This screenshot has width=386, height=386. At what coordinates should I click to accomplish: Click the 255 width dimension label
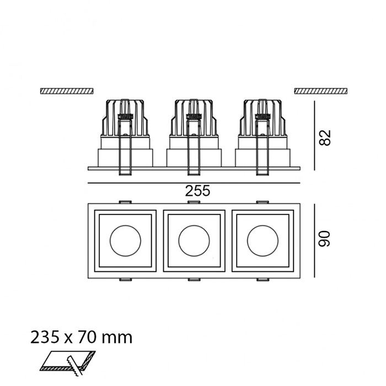pos(198,191)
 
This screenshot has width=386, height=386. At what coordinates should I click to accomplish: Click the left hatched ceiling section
pos(67,90)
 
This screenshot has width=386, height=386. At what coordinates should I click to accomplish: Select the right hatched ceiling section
pos(321,90)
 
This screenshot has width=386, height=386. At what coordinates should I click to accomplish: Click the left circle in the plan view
pos(125,240)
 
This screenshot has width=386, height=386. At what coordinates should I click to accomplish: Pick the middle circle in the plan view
pos(194,240)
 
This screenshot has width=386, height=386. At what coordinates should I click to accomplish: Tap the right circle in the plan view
pos(262,240)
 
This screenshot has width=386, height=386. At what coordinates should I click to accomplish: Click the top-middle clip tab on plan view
pos(194,202)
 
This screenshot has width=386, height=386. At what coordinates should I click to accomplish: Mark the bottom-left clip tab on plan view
pos(125,280)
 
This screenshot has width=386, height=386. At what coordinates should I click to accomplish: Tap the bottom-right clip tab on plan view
pos(262,280)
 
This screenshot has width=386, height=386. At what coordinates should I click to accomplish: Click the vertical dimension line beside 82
pos(314,135)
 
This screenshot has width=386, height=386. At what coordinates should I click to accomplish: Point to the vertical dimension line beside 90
pos(314,240)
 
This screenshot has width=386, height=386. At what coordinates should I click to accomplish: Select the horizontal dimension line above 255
pos(194,183)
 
